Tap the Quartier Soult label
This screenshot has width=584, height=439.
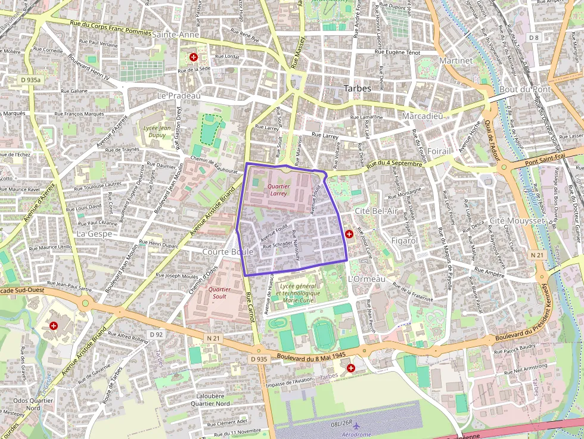pos(219,292)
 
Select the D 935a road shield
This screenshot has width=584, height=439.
pos(30,79)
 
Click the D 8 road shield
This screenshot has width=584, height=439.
pos(533,38)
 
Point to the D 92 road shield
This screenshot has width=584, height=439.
pos(156,335)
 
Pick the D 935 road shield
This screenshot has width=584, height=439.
pos(259,359)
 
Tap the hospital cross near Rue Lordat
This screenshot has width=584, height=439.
pos(194,57)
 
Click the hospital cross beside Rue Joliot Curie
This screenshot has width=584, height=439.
pos(349,234)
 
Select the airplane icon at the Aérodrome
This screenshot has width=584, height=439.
pos(356,426)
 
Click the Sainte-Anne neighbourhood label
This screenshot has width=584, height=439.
pos(176,35)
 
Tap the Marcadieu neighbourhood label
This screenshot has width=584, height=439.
pos(422,116)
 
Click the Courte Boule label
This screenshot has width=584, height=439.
pos(228,252)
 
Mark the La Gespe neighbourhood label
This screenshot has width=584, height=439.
pos(94,233)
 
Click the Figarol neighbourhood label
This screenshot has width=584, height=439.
pos(404,240)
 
